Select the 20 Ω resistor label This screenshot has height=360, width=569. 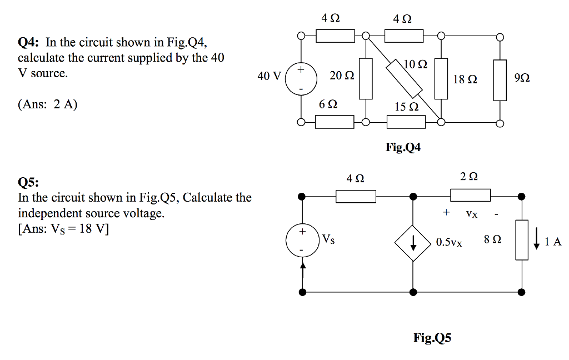coord(341,76)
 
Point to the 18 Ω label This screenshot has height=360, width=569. coord(465,79)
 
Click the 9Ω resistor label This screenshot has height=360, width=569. coord(522,79)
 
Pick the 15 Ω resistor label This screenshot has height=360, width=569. coord(406,107)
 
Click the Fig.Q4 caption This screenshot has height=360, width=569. coord(403,147)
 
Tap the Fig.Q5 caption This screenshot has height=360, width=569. coord(432,337)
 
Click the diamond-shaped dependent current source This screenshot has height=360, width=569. coord(413,243)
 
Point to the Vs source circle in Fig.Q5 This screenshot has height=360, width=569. coord(302,240)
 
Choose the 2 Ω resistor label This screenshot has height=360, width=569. coord(469,177)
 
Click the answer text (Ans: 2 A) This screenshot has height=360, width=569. coord(48,104)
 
